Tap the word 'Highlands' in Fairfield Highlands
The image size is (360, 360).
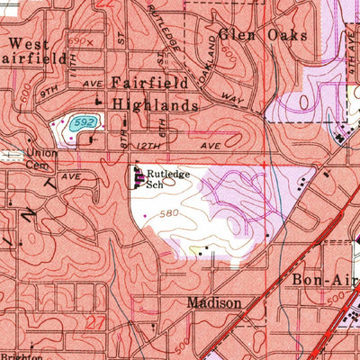pos(155,104)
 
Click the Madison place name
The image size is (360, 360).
pos(214,303)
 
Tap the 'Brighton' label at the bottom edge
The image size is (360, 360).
pos(20,355)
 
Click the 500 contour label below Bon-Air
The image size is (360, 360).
pos(336,301)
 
